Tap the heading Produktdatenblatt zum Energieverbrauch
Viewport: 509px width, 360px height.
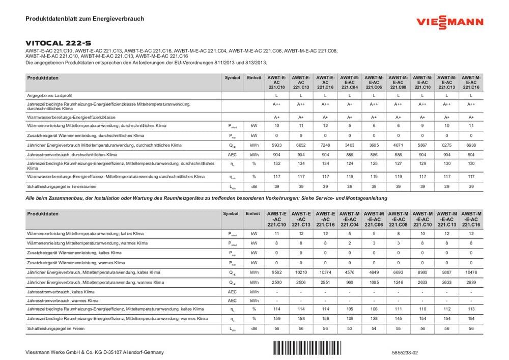[x=84, y=18]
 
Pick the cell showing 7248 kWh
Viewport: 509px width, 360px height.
[x=325, y=145]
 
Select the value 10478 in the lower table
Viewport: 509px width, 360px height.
[x=471, y=272]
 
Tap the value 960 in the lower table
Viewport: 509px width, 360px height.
[x=350, y=282]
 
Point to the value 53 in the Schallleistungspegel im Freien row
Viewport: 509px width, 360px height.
[x=350, y=329]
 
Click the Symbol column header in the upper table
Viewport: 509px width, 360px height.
[x=232, y=78]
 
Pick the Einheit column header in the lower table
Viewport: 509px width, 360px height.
[x=253, y=214]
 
